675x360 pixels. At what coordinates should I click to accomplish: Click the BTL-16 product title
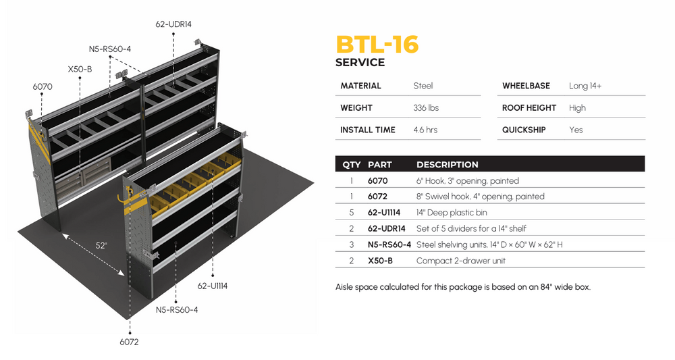click(377, 45)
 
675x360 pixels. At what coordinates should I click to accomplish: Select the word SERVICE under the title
click(360, 63)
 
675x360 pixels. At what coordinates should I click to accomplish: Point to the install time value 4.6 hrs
click(425, 130)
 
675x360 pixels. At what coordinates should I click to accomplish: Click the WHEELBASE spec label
click(526, 86)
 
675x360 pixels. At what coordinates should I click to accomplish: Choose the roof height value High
click(577, 108)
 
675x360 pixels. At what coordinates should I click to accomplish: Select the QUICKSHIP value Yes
click(576, 130)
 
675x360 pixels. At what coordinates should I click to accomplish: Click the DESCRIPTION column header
click(447, 165)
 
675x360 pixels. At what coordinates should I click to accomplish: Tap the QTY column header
click(351, 165)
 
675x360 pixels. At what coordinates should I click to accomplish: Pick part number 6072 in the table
click(377, 197)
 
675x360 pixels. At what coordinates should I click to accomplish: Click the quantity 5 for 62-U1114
click(352, 213)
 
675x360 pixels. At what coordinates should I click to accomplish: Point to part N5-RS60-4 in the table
click(389, 245)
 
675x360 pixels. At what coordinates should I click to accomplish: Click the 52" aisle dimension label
click(101, 246)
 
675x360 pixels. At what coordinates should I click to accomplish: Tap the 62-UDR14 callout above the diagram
click(173, 24)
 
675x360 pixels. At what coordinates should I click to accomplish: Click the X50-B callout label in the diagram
click(80, 69)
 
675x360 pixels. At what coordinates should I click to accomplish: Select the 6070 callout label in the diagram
click(42, 87)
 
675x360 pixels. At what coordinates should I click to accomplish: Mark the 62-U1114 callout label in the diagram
click(213, 286)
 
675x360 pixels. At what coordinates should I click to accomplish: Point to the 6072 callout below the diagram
click(129, 342)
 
